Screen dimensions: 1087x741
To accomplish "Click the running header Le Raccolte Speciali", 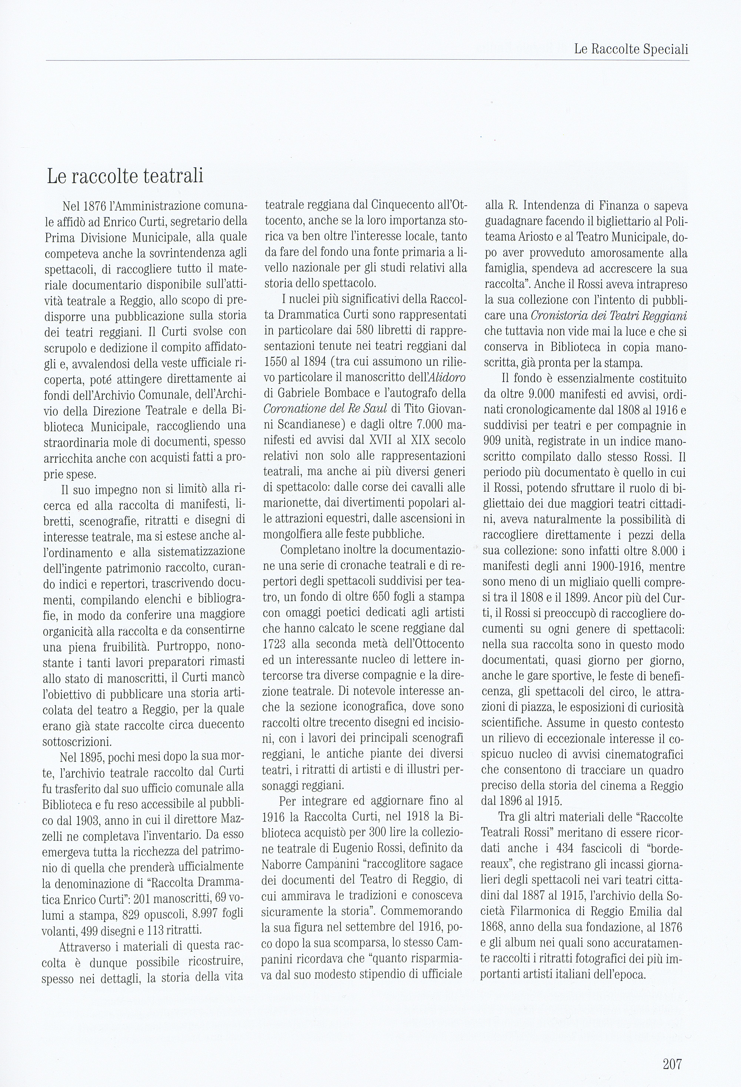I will click(x=631, y=50).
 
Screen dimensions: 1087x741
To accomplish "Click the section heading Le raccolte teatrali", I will click(x=125, y=176).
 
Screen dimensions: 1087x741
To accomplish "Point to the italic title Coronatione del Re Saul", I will click(x=325, y=409).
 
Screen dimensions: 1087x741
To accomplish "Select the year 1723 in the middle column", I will click(x=275, y=644).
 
